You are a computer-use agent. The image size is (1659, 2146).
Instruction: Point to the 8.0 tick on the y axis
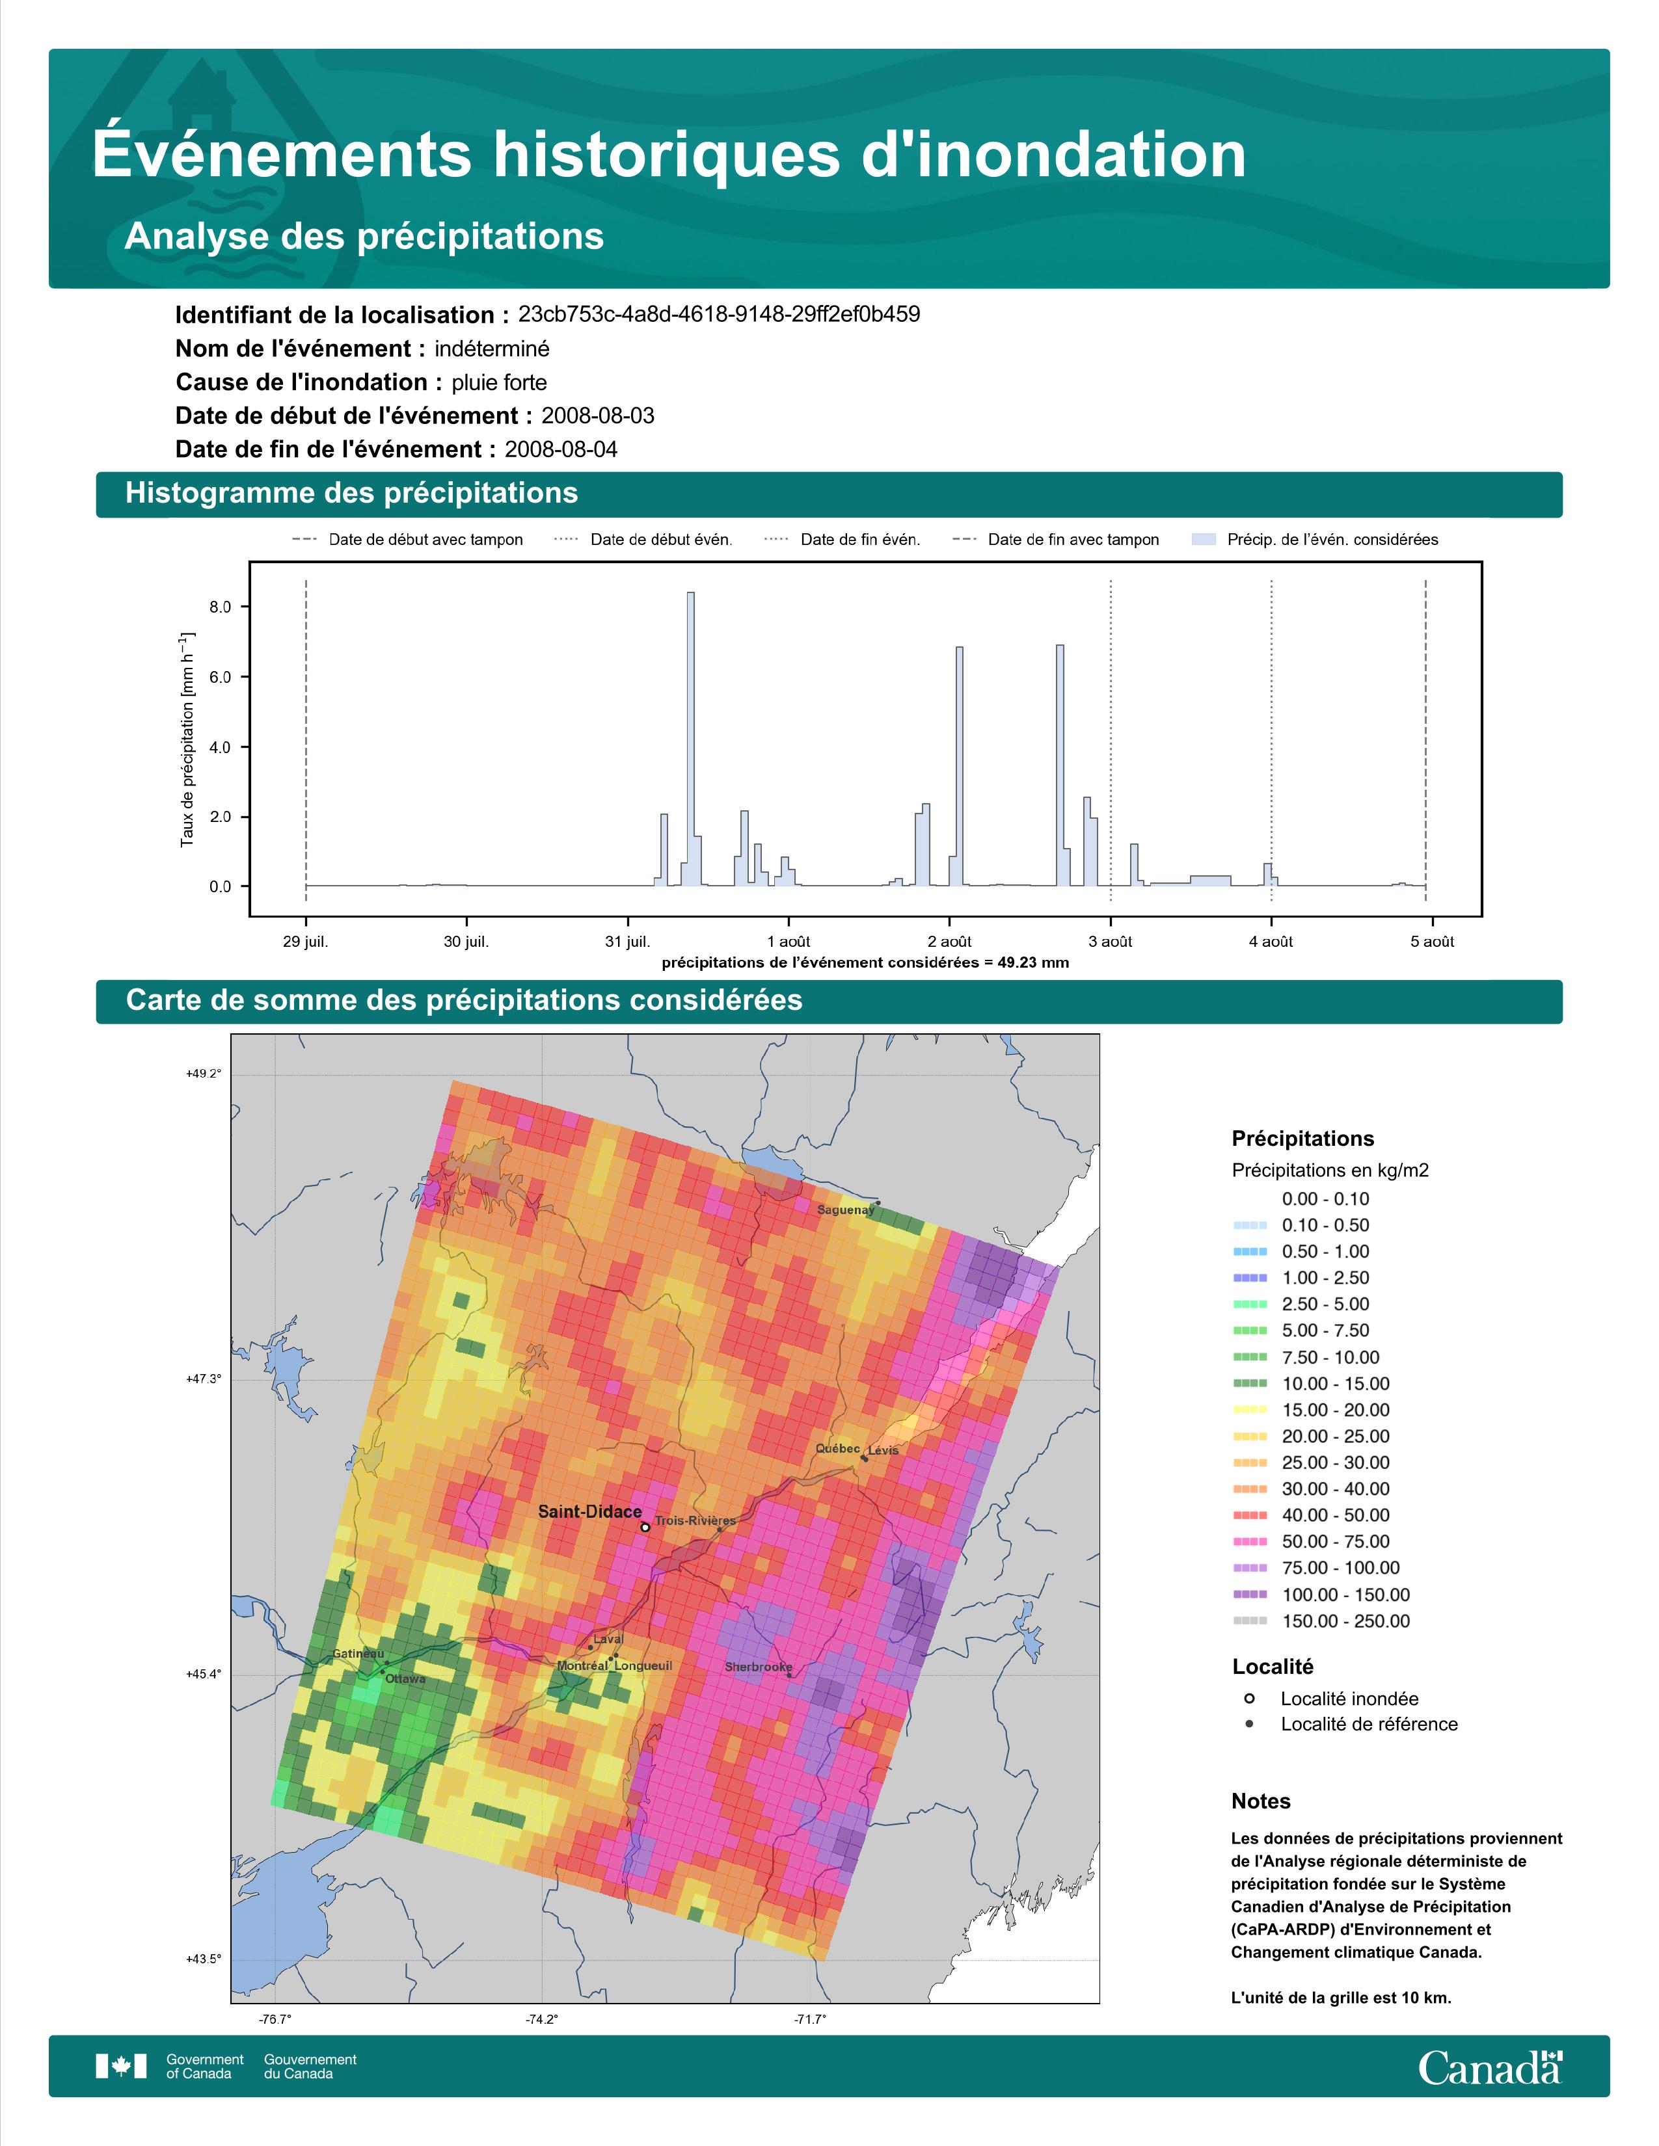(x=220, y=607)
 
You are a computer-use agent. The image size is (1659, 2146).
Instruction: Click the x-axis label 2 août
(x=949, y=942)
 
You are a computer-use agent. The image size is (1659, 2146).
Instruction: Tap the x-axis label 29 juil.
(x=306, y=942)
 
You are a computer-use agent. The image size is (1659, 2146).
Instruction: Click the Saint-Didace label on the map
(x=589, y=1511)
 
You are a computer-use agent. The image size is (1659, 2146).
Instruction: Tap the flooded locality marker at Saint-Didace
(x=645, y=1527)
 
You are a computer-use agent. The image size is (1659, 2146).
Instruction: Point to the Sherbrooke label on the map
(x=758, y=1667)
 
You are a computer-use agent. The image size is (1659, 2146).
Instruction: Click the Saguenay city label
(x=845, y=1210)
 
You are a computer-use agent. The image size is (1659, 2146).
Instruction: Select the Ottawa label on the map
(x=405, y=1678)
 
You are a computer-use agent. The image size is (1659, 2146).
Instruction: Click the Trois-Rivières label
(x=695, y=1520)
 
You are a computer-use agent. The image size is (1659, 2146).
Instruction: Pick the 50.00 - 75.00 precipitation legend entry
(x=1334, y=1541)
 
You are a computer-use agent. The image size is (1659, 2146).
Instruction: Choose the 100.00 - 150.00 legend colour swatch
(x=1249, y=1595)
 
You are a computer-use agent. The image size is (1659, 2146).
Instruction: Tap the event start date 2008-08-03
(x=597, y=416)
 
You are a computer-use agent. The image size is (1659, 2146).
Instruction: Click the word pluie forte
(x=499, y=382)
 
